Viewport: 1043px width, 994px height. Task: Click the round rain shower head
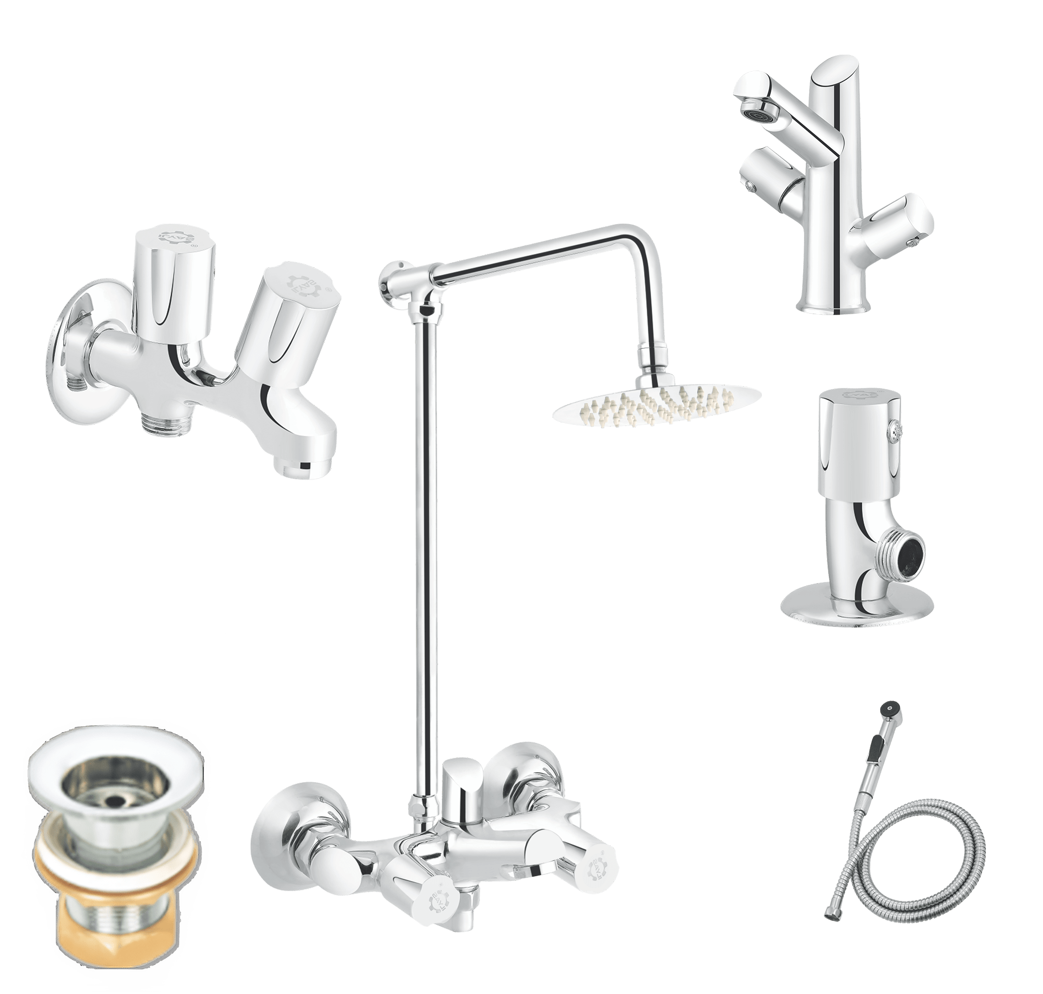coord(657,406)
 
